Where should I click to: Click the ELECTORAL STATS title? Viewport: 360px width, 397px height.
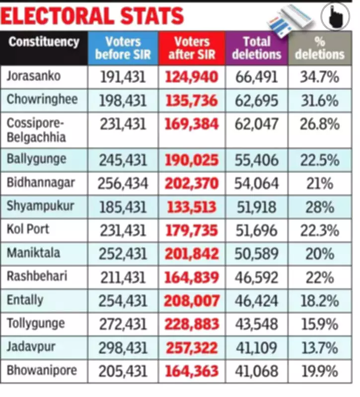point(92,16)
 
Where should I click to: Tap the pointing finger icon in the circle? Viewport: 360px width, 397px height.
point(335,16)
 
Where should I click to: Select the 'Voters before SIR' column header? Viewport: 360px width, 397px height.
point(123,48)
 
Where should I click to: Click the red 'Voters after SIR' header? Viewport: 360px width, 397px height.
point(192,48)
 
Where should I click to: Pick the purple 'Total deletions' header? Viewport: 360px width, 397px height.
point(257,48)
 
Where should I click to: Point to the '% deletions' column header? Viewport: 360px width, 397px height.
point(320,48)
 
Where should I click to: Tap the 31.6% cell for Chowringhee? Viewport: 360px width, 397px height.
point(320,100)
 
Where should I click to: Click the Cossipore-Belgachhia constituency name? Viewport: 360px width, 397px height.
point(36,130)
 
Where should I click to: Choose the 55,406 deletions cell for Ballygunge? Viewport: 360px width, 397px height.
point(256,160)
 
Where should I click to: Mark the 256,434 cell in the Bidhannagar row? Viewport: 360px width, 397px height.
point(123,184)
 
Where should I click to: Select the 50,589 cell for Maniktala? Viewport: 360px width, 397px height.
point(256,254)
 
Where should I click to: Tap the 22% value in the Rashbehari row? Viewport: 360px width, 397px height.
point(320,277)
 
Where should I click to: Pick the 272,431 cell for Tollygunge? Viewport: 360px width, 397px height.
point(123,324)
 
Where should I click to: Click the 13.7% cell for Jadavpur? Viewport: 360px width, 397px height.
point(320,347)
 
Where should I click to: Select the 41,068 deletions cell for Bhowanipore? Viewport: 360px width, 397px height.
point(256,371)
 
